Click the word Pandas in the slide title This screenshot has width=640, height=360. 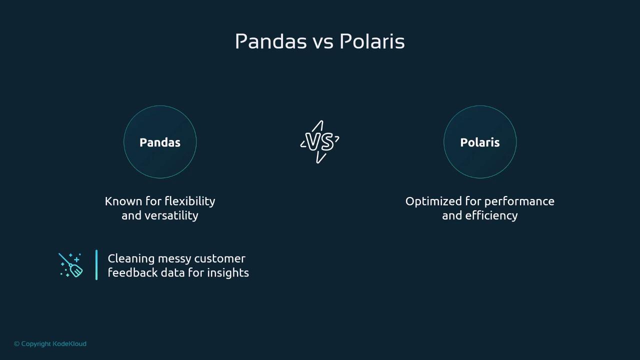271,41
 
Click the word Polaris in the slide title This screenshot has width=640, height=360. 372,41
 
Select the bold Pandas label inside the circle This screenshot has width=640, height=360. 160,142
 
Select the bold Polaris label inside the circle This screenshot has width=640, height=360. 480,142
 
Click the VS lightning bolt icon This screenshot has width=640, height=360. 319,141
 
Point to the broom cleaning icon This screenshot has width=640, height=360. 70,265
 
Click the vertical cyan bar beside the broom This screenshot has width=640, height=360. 96,265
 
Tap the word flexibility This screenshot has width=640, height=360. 190,201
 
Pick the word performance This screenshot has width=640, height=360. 519,201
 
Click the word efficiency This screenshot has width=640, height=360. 491,215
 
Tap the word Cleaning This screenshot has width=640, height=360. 131,259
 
